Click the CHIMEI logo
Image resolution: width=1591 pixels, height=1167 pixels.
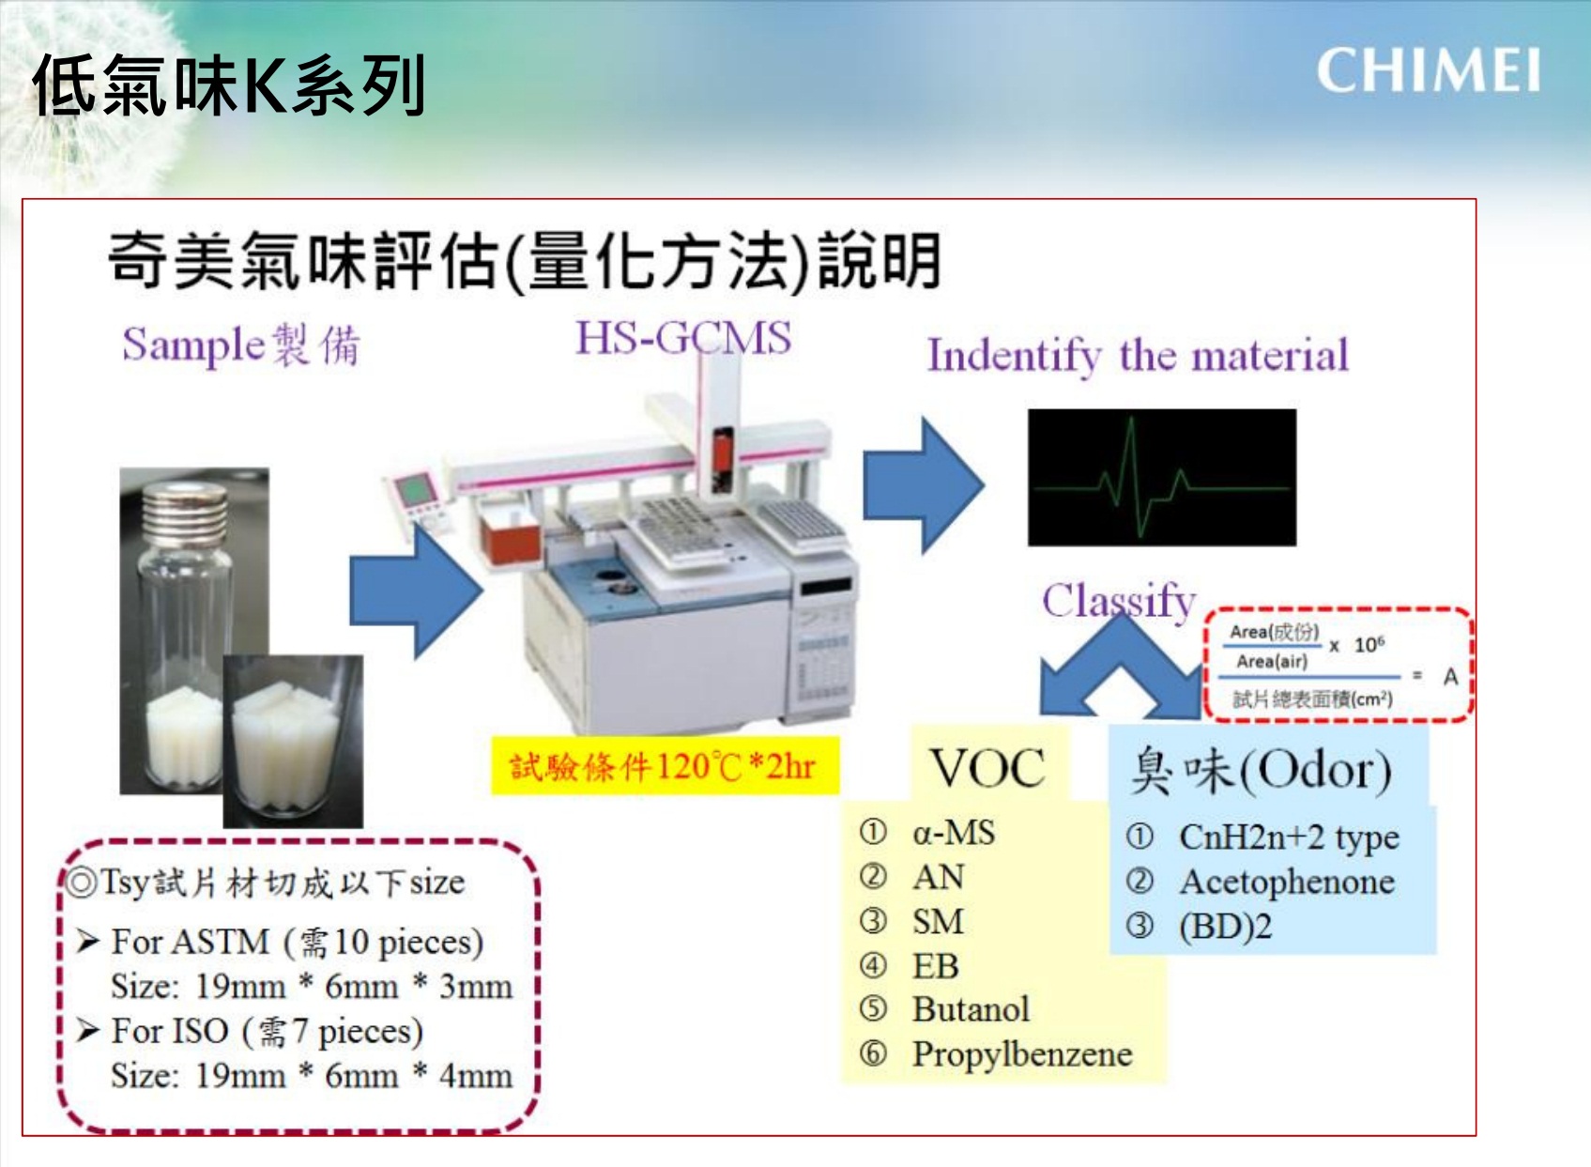click(x=1429, y=70)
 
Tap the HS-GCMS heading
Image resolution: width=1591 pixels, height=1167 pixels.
click(x=683, y=337)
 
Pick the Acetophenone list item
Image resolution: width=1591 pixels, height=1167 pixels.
click(x=1287, y=882)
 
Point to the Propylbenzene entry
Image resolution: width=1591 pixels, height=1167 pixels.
click(x=1022, y=1054)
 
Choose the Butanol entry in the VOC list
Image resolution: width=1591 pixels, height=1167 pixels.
click(x=971, y=1009)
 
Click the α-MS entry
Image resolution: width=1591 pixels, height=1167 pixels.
click(x=954, y=833)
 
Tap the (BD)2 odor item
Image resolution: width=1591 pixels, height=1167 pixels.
click(x=1225, y=927)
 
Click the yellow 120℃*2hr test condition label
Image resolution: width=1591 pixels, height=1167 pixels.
click(x=665, y=766)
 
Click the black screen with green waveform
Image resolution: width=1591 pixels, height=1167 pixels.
click(x=1162, y=477)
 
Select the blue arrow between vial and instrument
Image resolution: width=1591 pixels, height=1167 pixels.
click(x=416, y=591)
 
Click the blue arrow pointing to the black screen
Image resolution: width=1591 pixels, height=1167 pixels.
click(x=924, y=485)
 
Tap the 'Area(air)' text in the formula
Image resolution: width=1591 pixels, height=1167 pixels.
click(x=1271, y=662)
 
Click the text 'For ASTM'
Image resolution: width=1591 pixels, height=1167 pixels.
click(x=191, y=942)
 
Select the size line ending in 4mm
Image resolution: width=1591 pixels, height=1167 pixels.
click(x=312, y=1075)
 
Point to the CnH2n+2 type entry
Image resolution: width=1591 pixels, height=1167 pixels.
click(x=1289, y=837)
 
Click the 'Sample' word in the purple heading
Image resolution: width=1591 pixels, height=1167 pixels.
click(x=194, y=345)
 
